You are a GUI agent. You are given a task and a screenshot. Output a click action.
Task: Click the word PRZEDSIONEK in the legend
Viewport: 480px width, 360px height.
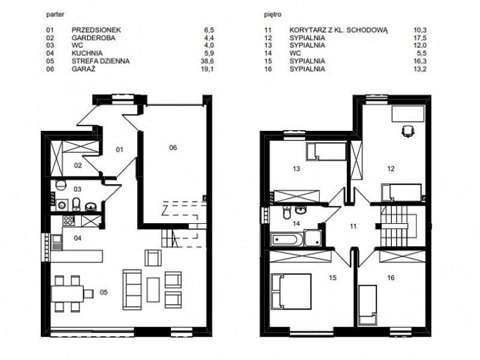coord(96,30)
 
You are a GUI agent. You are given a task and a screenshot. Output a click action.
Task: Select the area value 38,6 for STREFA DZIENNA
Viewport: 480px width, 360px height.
coord(207,61)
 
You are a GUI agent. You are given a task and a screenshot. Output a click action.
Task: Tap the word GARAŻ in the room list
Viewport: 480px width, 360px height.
coord(83,68)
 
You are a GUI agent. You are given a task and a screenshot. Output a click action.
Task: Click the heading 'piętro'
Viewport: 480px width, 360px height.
coord(273,14)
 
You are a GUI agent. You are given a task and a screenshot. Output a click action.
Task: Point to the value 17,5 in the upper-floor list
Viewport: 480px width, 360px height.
coord(419,38)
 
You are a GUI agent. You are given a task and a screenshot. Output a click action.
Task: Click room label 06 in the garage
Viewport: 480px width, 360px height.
coord(173,148)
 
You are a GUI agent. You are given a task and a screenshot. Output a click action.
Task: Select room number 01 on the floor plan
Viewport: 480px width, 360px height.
coord(119,149)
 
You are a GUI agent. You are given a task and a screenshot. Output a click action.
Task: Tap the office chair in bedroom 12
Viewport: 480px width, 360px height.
coord(408,131)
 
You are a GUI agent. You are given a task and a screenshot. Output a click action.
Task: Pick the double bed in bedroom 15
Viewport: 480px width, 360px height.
coord(291,292)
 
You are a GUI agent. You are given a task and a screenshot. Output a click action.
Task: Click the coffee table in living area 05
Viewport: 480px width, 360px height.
coord(153,289)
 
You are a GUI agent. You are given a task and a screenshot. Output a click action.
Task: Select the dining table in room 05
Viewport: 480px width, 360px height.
coord(67,294)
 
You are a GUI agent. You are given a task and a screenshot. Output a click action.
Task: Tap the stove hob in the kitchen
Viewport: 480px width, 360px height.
coord(68,221)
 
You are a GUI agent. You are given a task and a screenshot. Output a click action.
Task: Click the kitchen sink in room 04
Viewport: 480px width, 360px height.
coord(56,243)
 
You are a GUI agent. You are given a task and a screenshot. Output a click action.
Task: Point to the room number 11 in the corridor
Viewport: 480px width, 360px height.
coord(353,226)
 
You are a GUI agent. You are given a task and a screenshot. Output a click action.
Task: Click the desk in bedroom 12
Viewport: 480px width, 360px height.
coord(408,114)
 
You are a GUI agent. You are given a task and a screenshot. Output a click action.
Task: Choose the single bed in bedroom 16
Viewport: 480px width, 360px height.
coord(368,305)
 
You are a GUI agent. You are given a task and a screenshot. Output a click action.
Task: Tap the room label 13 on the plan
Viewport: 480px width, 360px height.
coord(296,169)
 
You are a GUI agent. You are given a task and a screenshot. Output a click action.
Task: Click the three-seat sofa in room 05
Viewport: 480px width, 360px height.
coord(132,290)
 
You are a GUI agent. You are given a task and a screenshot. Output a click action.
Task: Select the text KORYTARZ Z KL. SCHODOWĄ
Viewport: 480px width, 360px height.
coord(338,30)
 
